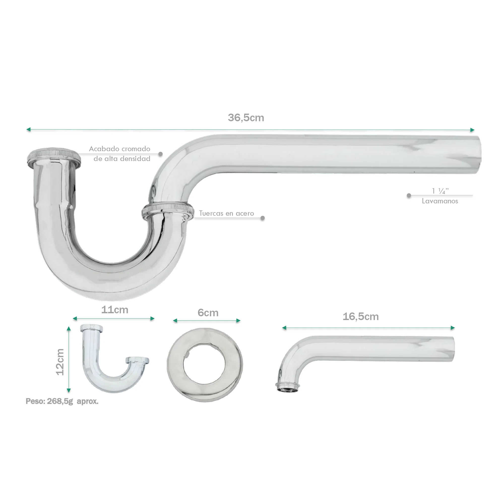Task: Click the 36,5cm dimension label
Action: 246,118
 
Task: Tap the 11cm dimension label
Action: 115,310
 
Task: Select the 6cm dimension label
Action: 208,312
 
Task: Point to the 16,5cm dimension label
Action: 361,317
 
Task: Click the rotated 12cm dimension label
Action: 60,362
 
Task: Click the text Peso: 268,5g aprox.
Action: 62,401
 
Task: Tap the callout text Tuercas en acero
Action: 227,213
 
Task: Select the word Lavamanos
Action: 440,201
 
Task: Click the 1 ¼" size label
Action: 440,191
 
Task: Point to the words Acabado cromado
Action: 119,149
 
